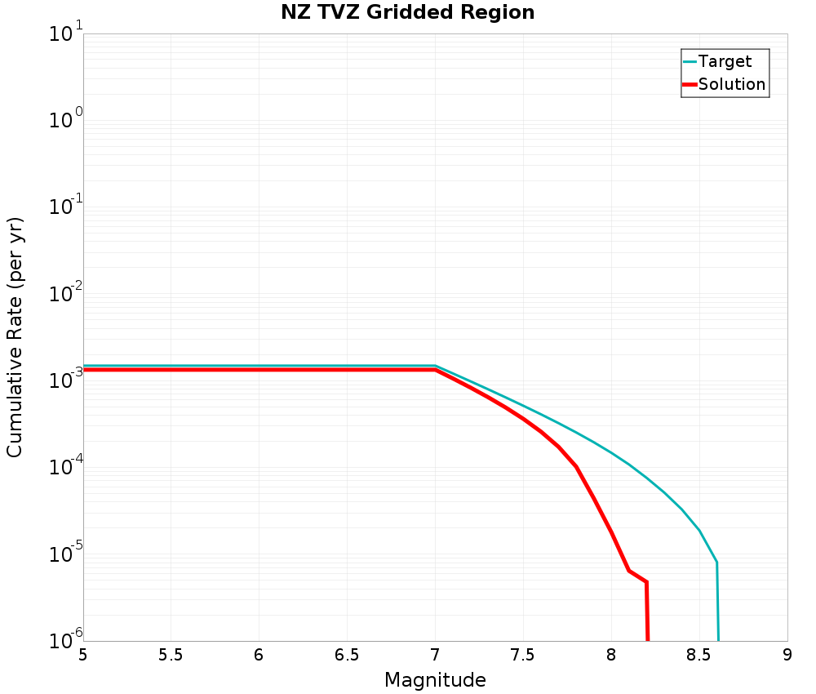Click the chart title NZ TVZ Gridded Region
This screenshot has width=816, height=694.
407,13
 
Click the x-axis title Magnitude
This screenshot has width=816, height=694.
435,680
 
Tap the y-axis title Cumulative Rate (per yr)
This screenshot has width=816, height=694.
16,336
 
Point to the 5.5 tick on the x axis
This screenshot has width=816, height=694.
171,655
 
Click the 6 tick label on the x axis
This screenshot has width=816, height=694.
259,655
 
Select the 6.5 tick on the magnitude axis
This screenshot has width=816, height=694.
347,655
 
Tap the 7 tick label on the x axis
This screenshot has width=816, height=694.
435,655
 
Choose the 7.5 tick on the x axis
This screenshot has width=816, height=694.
523,655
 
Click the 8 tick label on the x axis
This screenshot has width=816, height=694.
611,655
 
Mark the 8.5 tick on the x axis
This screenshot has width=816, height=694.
699,655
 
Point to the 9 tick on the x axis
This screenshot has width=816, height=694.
787,655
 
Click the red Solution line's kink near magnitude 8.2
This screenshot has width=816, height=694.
646,582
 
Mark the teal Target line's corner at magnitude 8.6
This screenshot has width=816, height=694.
716,563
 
